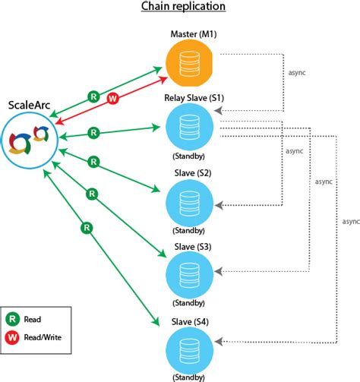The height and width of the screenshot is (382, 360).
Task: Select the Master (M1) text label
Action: click(x=192, y=35)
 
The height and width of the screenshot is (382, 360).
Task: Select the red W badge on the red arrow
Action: click(x=113, y=98)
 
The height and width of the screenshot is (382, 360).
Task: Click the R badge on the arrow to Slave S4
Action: click(x=87, y=226)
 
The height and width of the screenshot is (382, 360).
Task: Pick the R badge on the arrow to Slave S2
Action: click(x=94, y=162)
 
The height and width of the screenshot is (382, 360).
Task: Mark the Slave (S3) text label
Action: click(x=192, y=247)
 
